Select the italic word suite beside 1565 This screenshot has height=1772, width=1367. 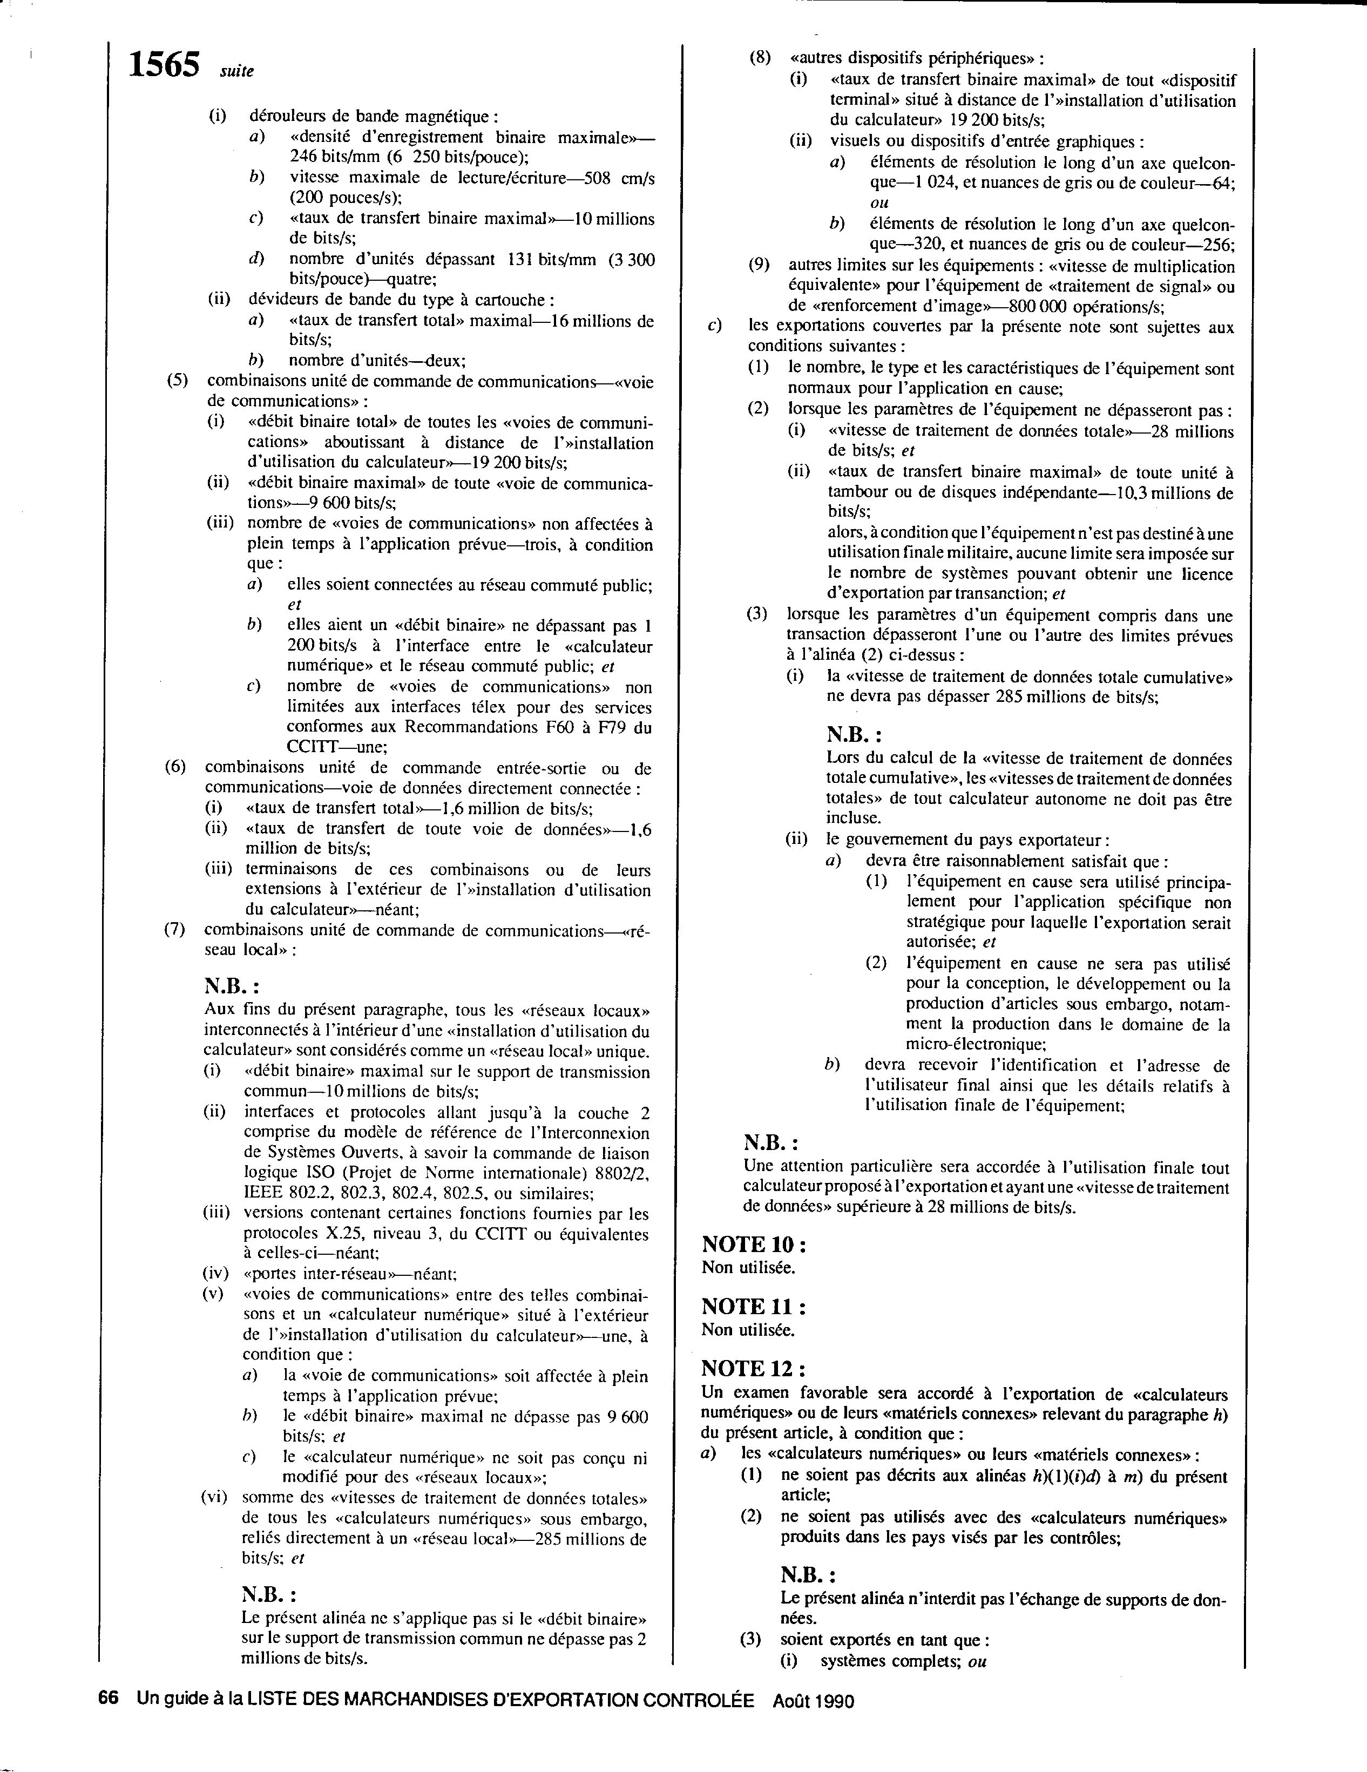[237, 71]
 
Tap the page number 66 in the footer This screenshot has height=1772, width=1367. [109, 1699]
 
